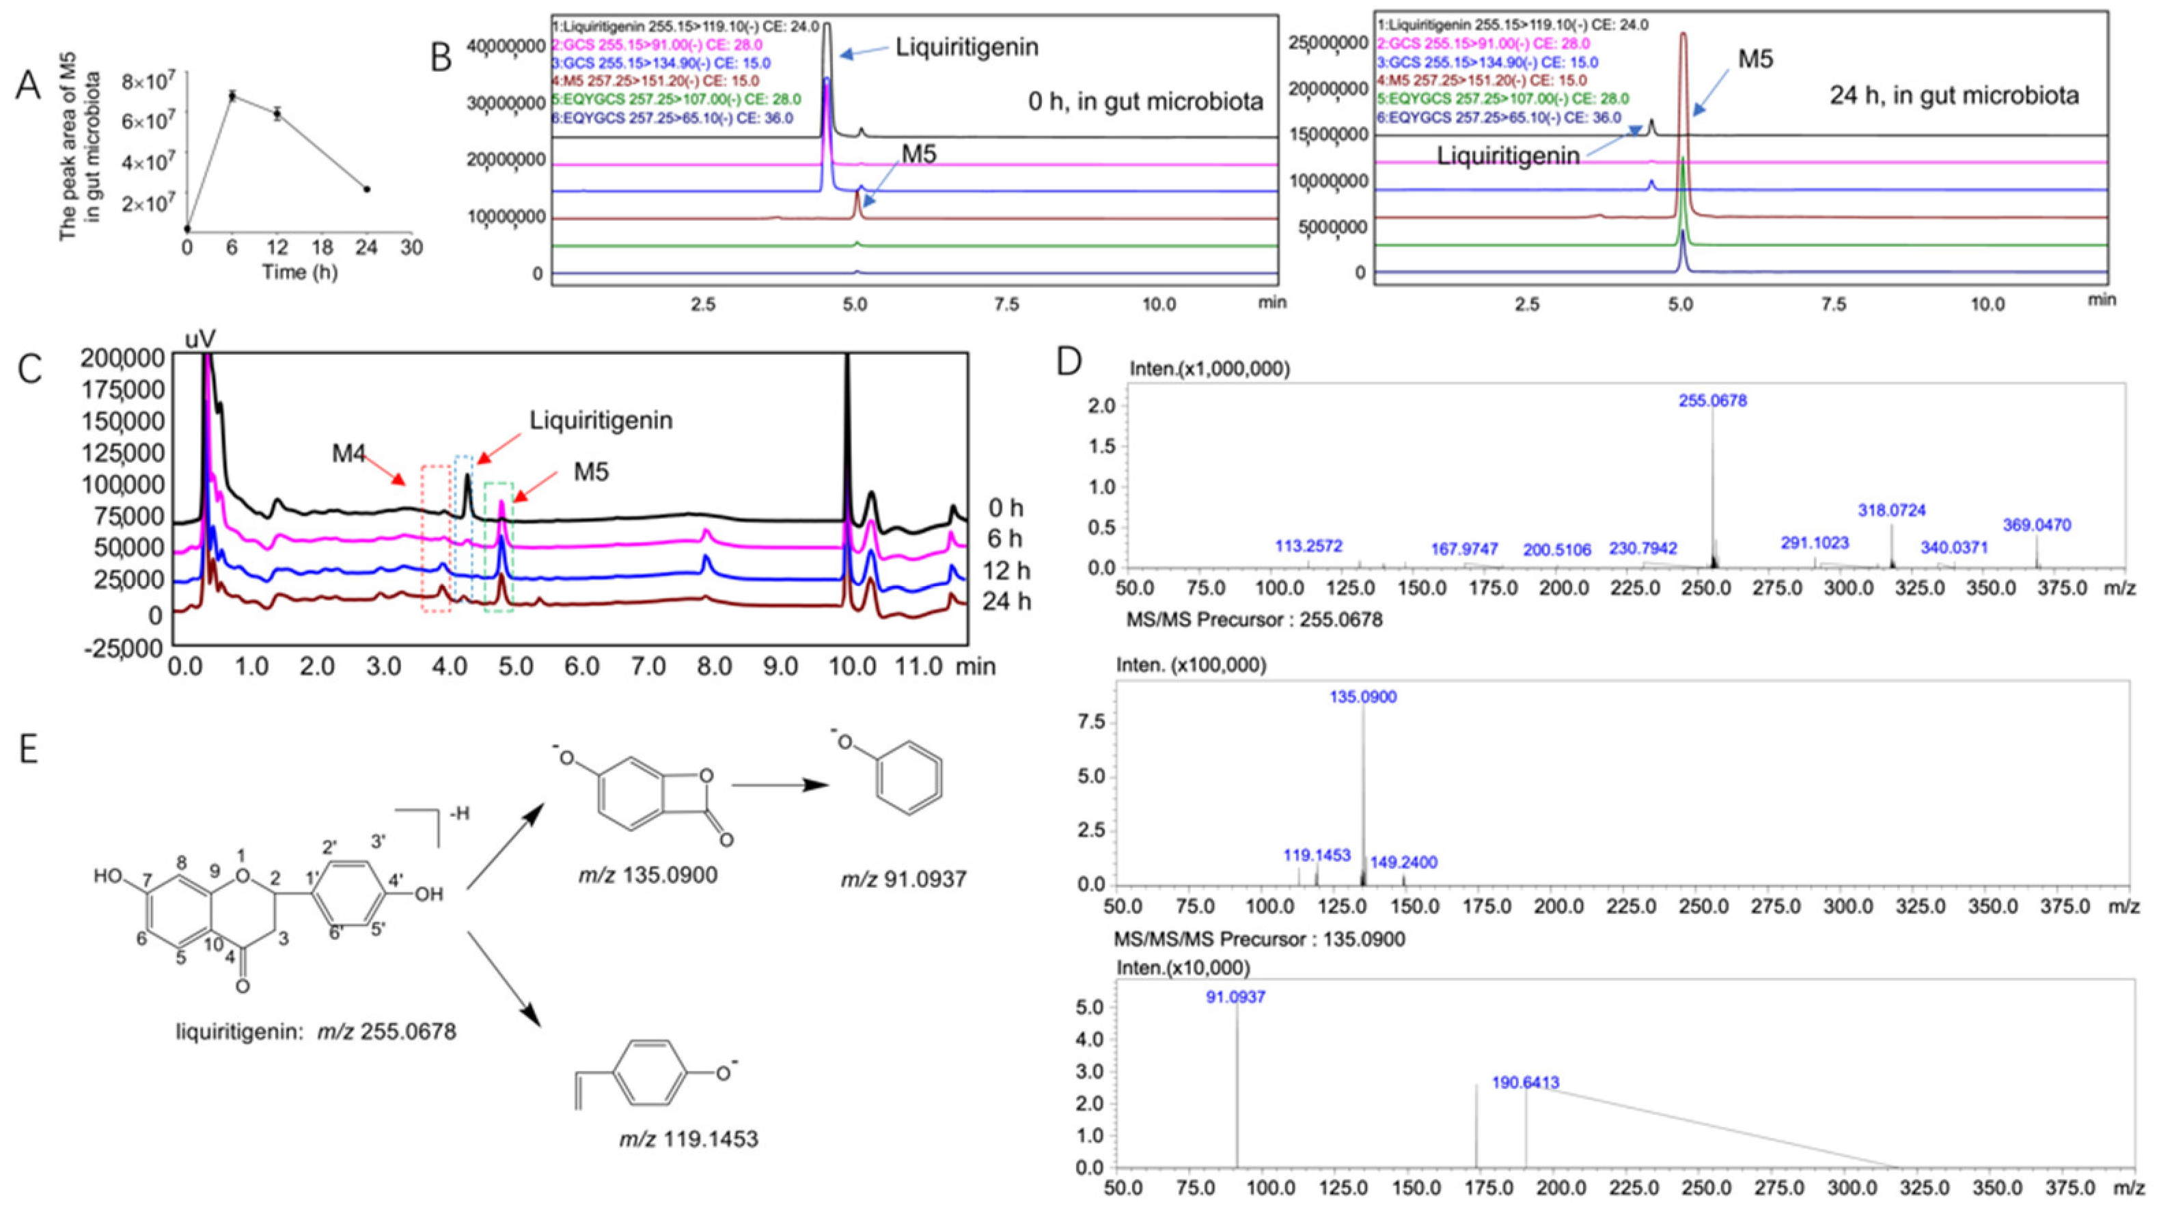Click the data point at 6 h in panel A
click(x=232, y=96)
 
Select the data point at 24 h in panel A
click(x=366, y=189)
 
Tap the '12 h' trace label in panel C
click(x=1006, y=570)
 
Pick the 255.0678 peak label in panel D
click(x=1712, y=401)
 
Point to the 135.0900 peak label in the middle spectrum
click(x=1364, y=697)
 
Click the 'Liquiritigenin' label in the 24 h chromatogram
click(x=1508, y=156)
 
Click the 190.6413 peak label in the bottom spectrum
click(x=1526, y=1084)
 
